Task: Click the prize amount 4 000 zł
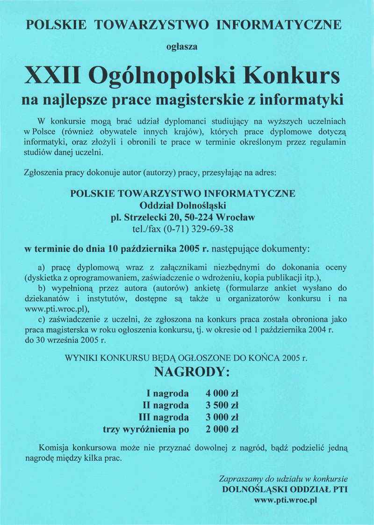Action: pos(223,393)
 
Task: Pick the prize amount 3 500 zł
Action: pos(223,405)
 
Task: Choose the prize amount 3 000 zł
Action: pos(223,417)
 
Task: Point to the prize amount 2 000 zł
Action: pos(223,429)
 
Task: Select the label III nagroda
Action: pos(164,417)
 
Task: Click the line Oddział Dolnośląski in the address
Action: pos(183,205)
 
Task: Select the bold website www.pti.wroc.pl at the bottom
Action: pos(286,500)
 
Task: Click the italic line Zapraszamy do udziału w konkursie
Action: pos(283,479)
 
